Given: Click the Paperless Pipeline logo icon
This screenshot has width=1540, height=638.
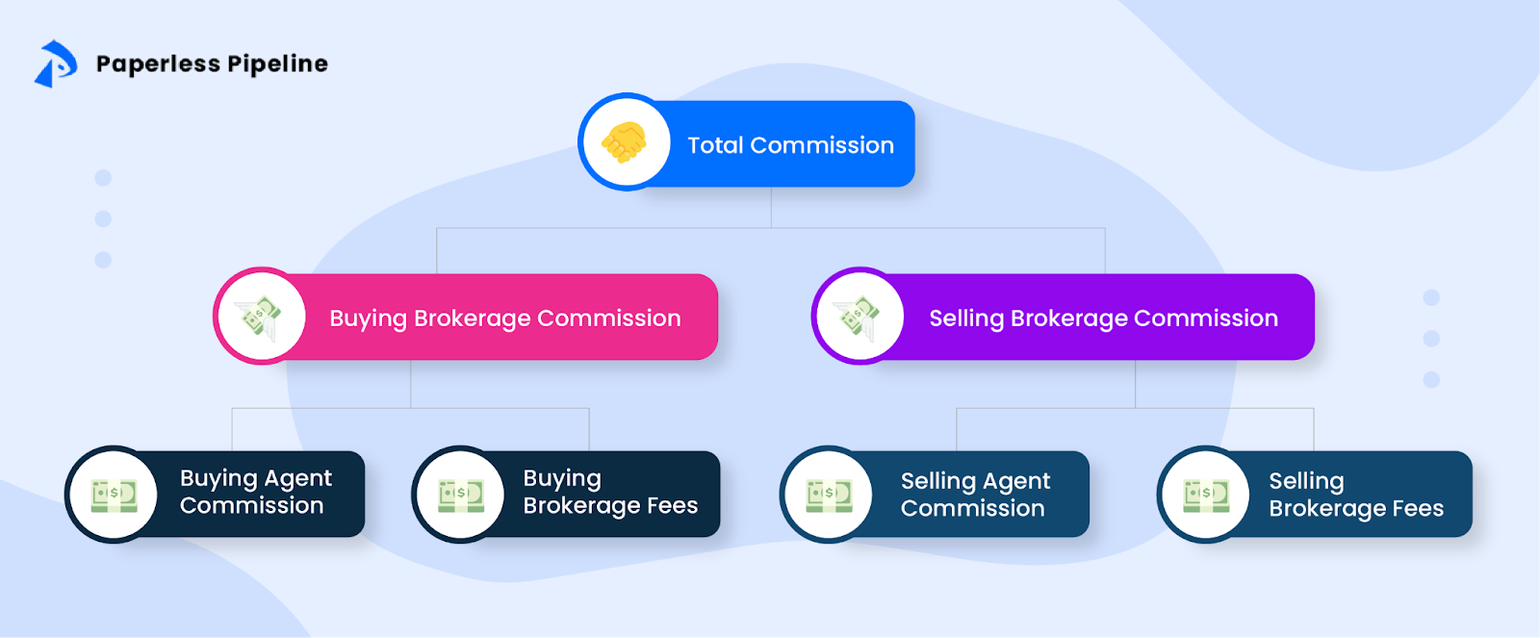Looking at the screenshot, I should tap(55, 64).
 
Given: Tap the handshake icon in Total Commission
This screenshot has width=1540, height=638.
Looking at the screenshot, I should tap(625, 142).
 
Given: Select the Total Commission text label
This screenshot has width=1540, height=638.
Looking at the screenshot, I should tap(790, 145).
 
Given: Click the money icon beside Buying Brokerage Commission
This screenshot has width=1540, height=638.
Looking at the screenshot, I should tap(261, 317).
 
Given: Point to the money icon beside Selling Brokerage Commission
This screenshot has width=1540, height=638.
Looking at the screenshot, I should tap(858, 317).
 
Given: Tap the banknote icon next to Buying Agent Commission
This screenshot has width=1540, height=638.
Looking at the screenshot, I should tap(114, 495).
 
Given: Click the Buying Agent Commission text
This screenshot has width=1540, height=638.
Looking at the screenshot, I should tap(254, 492).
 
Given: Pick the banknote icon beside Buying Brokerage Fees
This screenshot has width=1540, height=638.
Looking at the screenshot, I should tap(460, 495).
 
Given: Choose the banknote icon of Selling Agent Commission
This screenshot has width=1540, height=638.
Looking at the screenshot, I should tap(829, 495).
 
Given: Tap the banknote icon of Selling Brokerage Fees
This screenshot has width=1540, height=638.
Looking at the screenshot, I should tap(1205, 495).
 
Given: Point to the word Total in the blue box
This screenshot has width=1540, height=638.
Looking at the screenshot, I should tap(715, 145).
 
